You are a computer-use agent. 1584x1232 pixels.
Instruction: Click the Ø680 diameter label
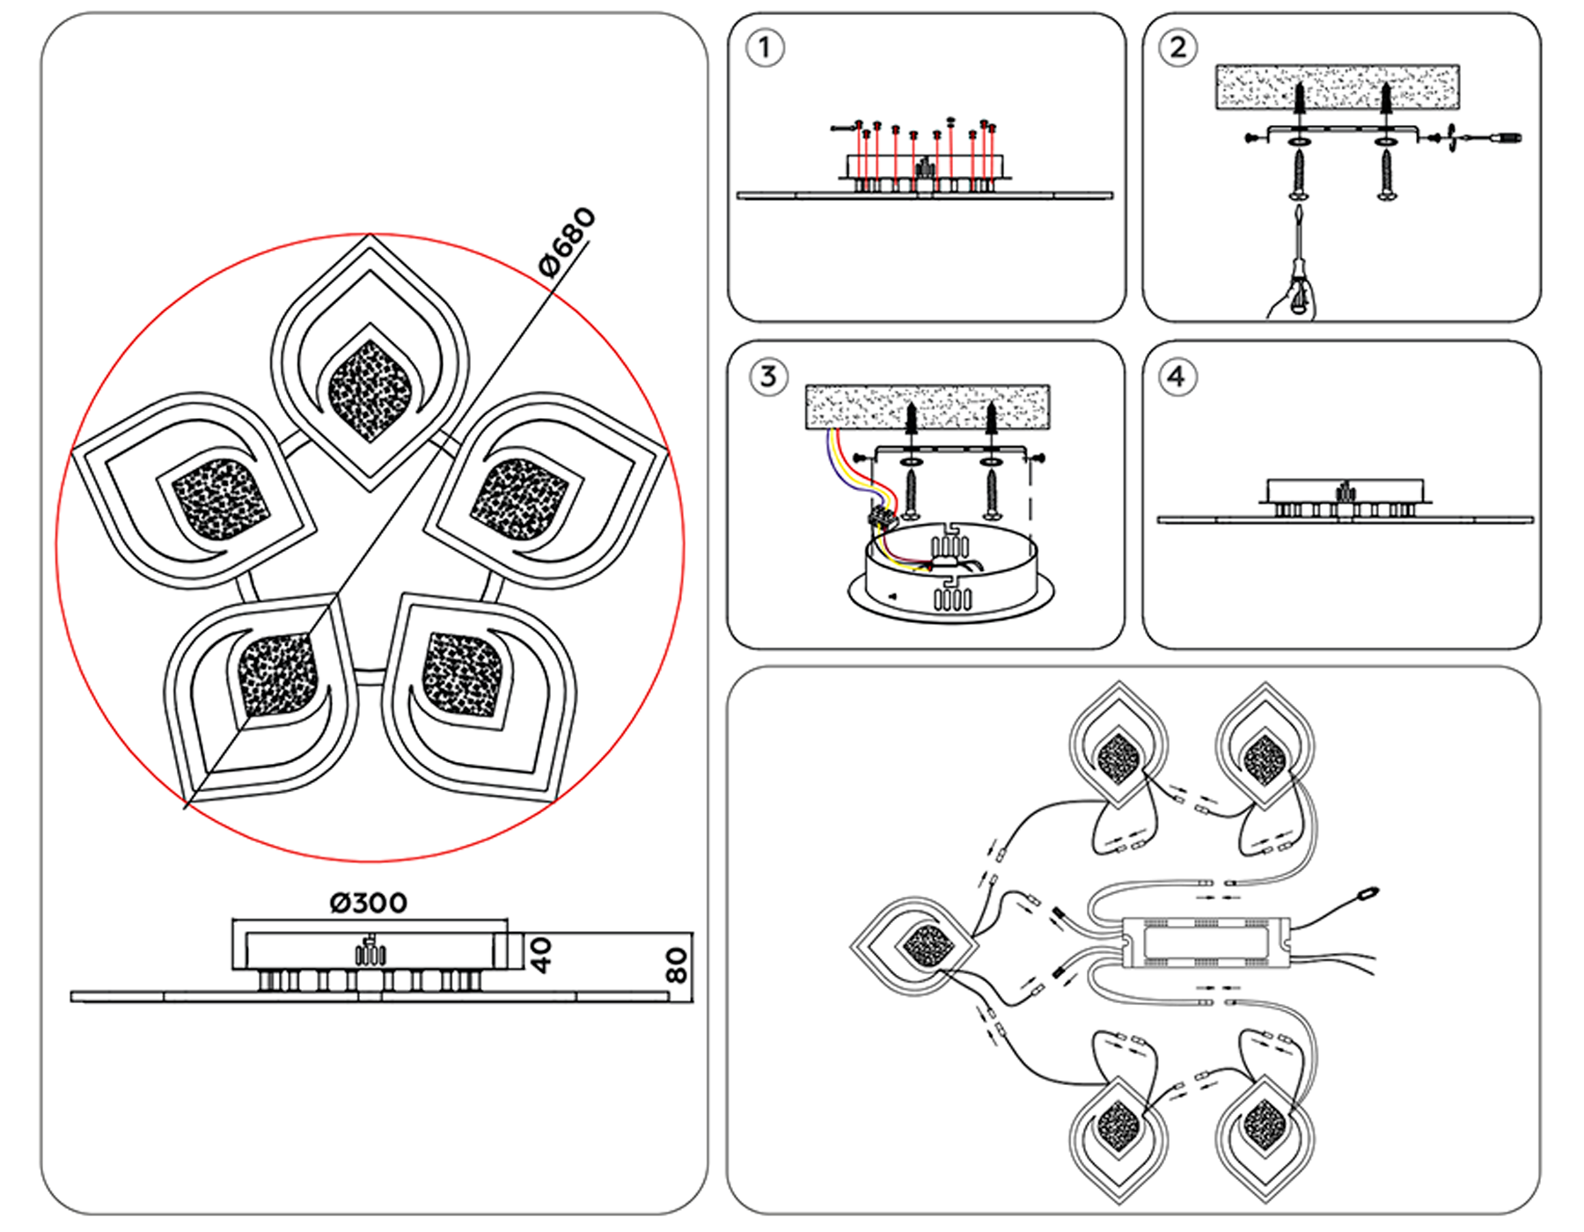[568, 242]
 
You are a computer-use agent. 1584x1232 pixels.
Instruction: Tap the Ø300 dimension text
[368, 903]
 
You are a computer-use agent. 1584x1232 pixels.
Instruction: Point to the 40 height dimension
[541, 954]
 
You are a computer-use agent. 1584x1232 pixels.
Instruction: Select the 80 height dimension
[676, 965]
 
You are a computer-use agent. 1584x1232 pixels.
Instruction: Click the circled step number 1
[764, 48]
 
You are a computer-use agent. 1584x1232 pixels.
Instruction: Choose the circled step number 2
[1178, 48]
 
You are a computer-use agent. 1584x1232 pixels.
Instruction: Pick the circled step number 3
[767, 378]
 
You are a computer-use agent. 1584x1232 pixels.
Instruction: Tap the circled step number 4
[1177, 378]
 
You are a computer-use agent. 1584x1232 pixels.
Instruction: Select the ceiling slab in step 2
[1337, 87]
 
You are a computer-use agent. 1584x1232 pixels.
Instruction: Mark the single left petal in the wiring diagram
[915, 946]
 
